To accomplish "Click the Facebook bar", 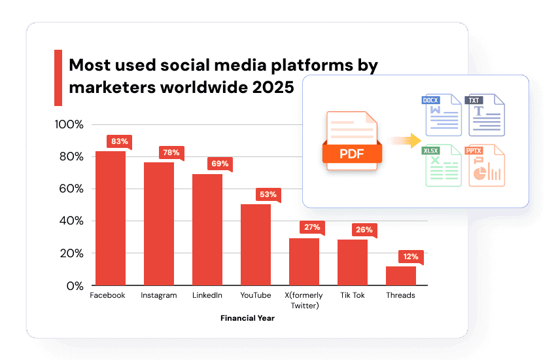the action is point(111,218).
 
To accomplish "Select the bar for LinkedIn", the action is point(207,230).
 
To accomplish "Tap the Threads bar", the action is point(401,276).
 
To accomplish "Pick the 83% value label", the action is point(120,141).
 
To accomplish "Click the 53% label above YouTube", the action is point(268,194).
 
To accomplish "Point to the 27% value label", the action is point(312,227).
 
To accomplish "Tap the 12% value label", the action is point(411,257).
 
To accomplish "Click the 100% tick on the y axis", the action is point(69,124).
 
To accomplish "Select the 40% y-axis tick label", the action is point(71,221).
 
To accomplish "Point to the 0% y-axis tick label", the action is point(75,286).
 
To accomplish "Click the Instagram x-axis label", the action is point(158,295).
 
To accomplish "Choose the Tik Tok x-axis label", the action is point(353,295).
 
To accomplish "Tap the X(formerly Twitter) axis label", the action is point(304,300).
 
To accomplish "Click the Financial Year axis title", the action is point(247,318).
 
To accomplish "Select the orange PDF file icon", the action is point(352,141).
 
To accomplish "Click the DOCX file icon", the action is point(442,115).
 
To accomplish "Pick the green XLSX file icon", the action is point(442,166).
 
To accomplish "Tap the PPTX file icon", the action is point(485,166).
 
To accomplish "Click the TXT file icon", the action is point(485,115).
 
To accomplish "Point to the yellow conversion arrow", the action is point(405,141).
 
